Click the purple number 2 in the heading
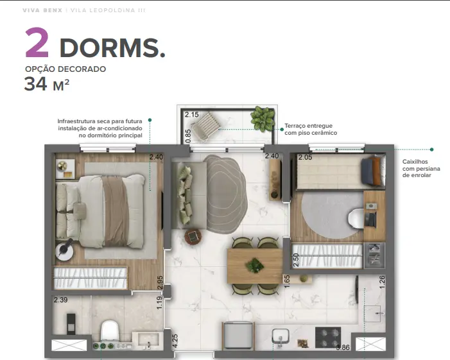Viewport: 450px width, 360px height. tap(37, 43)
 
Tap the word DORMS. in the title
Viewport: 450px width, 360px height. tap(112, 47)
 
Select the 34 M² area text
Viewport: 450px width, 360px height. tap(47, 84)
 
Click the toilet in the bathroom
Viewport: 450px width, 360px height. tap(110, 330)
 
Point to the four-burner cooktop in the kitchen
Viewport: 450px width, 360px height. tap(328, 338)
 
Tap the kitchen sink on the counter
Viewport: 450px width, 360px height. tap(281, 337)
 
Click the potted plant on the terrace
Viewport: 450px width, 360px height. tap(263, 119)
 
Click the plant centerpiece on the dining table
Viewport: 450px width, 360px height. tap(255, 265)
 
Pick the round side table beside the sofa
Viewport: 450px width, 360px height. tap(193, 237)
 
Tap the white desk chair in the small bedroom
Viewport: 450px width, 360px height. tap(356, 219)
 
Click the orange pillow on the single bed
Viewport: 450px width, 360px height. tap(376, 171)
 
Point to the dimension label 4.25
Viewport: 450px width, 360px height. tap(175, 341)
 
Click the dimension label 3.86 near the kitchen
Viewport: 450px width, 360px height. tap(343, 347)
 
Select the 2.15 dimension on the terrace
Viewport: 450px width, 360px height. tap(192, 114)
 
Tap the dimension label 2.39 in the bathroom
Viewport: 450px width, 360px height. tap(60, 300)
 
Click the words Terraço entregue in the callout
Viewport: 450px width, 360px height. tap(309, 126)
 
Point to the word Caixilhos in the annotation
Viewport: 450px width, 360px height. tap(415, 162)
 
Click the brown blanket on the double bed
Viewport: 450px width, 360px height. tap(115, 211)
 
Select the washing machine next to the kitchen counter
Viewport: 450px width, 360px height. tap(238, 336)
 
